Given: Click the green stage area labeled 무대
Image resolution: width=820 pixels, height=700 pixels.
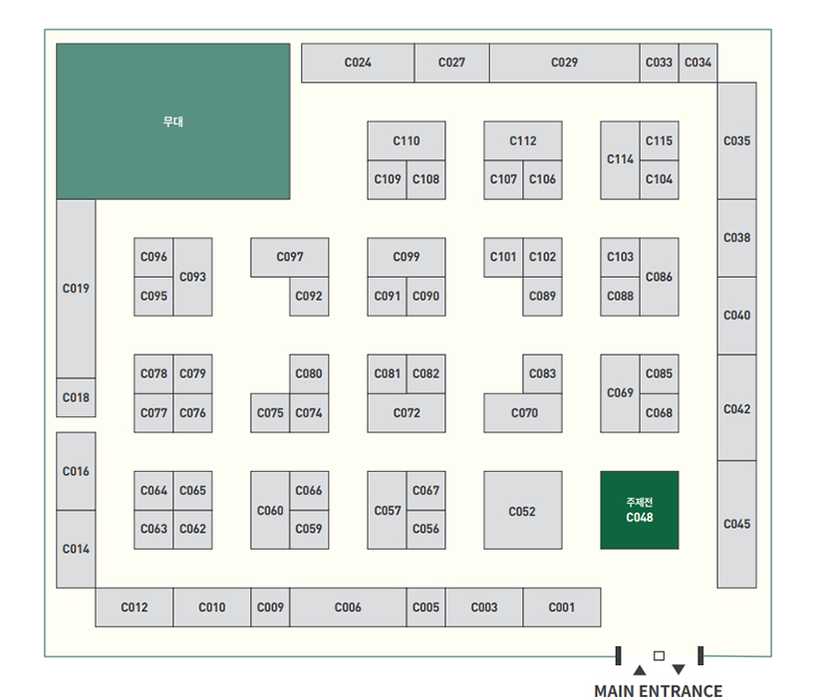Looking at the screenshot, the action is tap(173, 121).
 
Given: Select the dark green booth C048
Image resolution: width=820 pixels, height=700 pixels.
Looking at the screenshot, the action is tap(640, 510).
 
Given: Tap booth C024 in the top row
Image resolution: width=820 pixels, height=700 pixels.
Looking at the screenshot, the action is tap(359, 63).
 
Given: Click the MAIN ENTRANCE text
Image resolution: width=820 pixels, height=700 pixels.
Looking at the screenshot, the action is tap(659, 691).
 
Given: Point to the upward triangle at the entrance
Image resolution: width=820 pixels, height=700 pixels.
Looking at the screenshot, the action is tap(639, 670).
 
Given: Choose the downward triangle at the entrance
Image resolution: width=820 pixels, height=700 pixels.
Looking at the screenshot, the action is tap(679, 669).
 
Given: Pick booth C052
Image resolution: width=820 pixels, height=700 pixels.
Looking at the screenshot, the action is tap(523, 510).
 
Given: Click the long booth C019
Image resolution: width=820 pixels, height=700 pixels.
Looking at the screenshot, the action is tap(76, 289).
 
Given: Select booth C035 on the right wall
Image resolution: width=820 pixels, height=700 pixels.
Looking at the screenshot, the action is tap(737, 140).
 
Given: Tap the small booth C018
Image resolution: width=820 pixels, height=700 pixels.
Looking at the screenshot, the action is tap(76, 397).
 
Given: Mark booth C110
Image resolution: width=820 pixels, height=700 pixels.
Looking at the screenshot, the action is tap(407, 140).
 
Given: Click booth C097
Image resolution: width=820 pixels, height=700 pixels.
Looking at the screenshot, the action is tap(290, 257).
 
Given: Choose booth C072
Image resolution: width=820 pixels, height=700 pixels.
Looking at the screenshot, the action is tap(407, 413).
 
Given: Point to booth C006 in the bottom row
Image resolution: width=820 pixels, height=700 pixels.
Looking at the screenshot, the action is tap(349, 607).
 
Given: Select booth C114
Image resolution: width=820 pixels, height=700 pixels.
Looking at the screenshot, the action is tap(620, 160).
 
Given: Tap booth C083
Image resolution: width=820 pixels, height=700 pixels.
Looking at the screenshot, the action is tap(542, 373).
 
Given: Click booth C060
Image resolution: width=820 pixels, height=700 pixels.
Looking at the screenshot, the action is tap(270, 510).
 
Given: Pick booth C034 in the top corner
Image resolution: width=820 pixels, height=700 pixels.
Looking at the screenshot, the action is tap(698, 63).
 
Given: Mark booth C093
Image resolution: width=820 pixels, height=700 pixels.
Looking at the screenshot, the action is tap(192, 277).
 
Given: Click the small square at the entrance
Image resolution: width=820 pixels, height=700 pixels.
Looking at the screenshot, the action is tap(659, 655).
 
